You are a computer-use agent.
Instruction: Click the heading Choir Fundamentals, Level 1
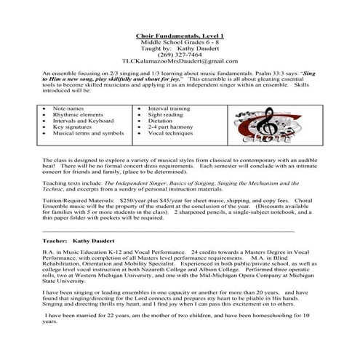pyautogui.click(x=180, y=36)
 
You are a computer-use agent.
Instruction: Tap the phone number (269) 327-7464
pyautogui.click(x=180, y=55)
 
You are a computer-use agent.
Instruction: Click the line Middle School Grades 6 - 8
pyautogui.click(x=180, y=42)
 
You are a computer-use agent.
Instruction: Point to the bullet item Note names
pyautogui.click(x=68, y=108)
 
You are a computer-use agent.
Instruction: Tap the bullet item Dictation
pyautogui.click(x=162, y=120)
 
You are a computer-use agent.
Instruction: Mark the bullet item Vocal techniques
pyautogui.click(x=171, y=133)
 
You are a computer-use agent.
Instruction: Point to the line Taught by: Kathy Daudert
pyautogui.click(x=180, y=48)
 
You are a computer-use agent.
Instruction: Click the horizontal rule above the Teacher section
pyautogui.click(x=168, y=230)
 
